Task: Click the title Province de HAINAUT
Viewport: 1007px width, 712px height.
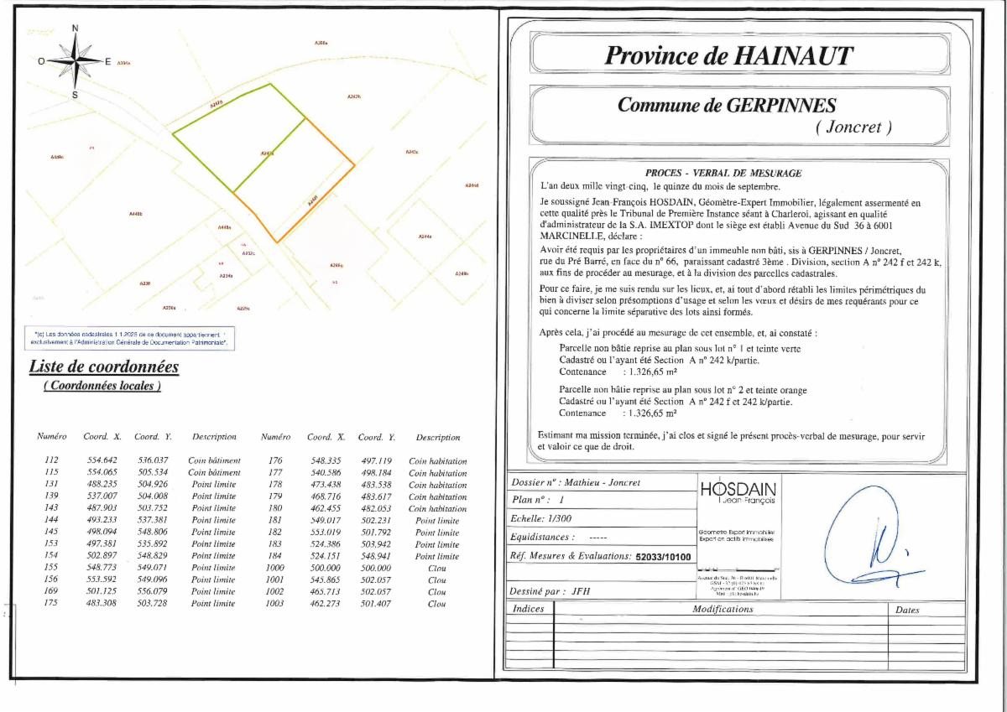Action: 728,55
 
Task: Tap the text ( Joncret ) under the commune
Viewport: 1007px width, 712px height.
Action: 853,127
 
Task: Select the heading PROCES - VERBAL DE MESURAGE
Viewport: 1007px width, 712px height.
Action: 723,173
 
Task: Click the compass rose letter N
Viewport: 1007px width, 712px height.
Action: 75,29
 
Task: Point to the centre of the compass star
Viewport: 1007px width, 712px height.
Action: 75,60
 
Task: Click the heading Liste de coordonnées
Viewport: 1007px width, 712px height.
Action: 104,366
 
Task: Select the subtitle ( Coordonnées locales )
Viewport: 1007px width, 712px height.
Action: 102,386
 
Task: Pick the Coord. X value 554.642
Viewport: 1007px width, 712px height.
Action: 102,460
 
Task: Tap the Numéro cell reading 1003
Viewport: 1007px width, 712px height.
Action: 275,603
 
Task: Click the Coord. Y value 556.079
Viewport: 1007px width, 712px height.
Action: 153,591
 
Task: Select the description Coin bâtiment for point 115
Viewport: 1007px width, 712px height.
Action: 214,472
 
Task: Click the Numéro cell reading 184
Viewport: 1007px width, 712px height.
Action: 275,556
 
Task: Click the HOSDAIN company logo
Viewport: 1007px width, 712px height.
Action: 738,492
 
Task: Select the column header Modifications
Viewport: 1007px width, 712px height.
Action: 723,610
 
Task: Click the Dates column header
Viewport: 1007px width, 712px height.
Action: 907,610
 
